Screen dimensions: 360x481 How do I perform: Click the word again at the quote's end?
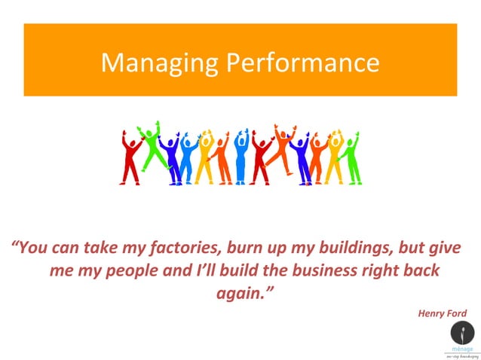[x=240, y=292]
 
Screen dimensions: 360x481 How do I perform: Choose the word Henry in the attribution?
[x=432, y=313]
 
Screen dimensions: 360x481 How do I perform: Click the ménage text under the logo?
[x=463, y=349]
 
